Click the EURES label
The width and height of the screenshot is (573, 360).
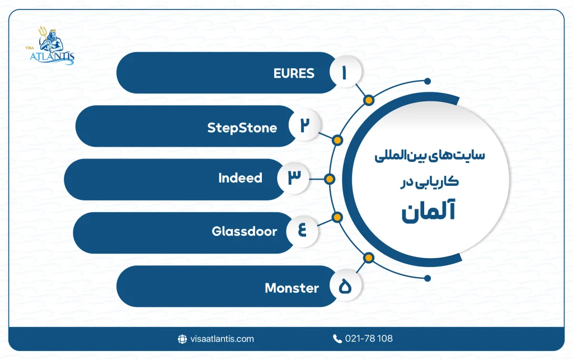294,73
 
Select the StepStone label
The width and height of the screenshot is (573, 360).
242,128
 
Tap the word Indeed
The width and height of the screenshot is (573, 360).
240,178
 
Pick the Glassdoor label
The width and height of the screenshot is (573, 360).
244,231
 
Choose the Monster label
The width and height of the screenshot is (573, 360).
292,288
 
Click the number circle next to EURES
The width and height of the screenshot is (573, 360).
344,73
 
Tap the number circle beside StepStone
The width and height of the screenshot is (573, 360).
304,126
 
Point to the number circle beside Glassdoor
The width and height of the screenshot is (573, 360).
302,231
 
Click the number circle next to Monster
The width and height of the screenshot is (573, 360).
344,287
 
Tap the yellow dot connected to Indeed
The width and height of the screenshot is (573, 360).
330,179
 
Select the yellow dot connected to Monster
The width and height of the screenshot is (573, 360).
368,258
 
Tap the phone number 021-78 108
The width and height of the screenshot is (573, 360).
369,339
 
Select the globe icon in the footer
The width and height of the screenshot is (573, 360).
182,339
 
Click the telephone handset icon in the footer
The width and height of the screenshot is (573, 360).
337,339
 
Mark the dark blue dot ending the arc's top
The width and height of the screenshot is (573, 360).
428,81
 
